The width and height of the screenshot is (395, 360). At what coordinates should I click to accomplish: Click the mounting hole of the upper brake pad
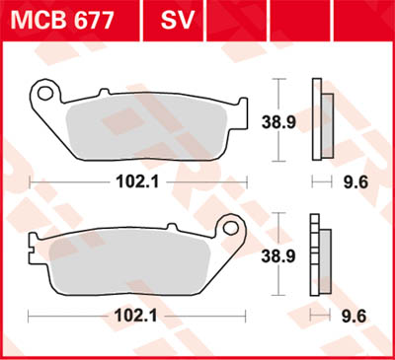(x=43, y=95)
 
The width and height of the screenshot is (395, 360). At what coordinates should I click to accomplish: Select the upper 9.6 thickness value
(x=355, y=181)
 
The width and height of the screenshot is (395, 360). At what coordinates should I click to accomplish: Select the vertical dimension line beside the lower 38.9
(x=284, y=253)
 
